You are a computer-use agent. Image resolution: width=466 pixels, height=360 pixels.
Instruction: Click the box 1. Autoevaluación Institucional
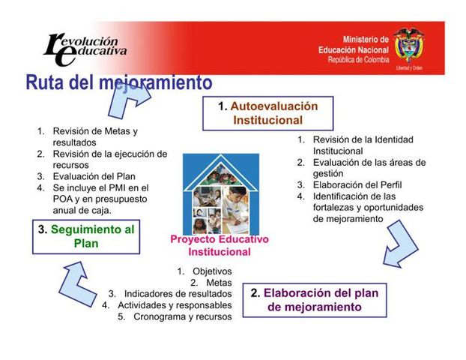point(267,112)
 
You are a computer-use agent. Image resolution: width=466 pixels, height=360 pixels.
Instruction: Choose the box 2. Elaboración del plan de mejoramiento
point(314,300)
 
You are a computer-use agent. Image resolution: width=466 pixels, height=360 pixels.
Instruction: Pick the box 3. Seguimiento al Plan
point(86,236)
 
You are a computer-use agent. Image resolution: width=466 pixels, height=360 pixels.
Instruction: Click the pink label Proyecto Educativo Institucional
point(219,245)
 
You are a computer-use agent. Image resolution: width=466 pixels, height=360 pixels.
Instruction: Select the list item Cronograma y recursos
point(182,317)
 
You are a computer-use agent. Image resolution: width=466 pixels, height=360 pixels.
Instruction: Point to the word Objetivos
point(212,271)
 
